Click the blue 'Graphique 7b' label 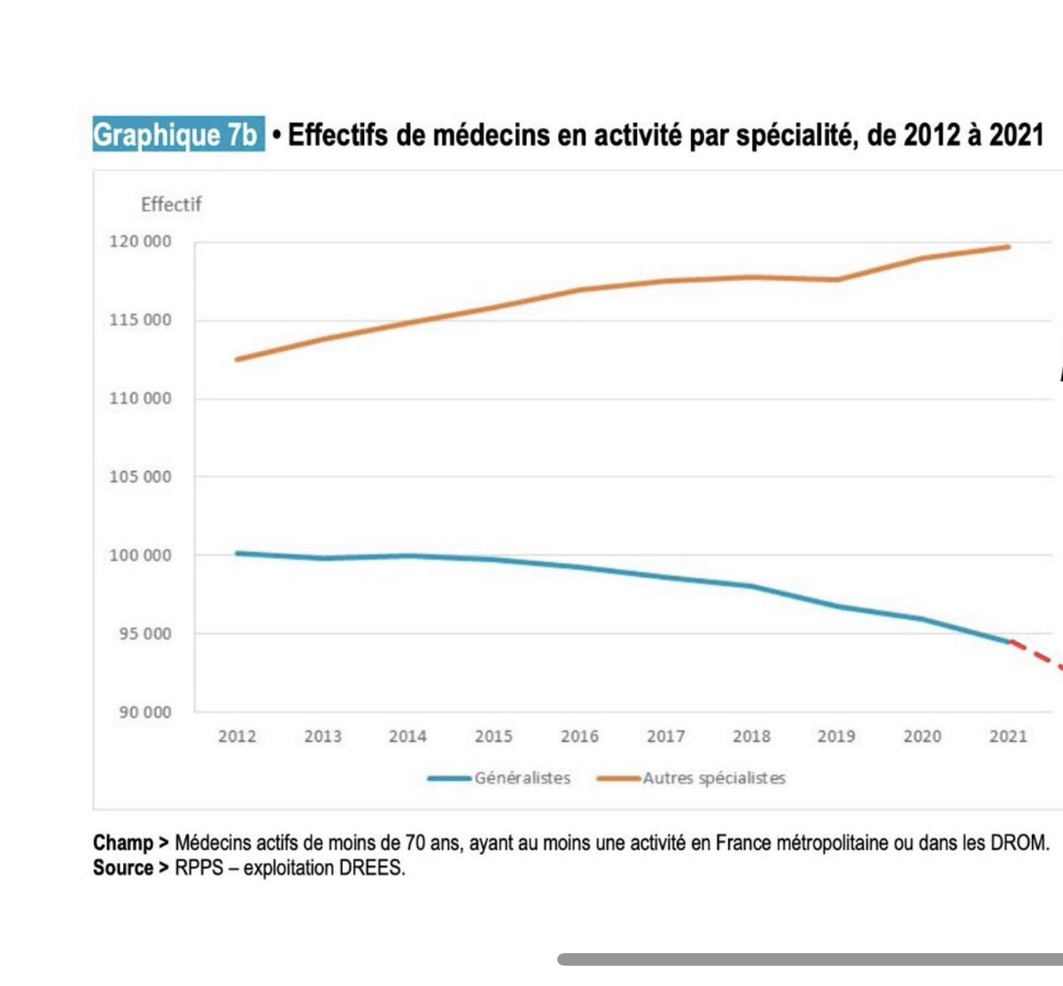point(177,135)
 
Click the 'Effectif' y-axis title point(171,205)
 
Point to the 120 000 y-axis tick point(140,242)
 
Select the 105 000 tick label point(140,477)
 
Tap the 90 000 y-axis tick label point(144,712)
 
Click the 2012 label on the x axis point(237,736)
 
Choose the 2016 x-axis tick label point(579,736)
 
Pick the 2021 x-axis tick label point(1008,736)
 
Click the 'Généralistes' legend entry point(522,779)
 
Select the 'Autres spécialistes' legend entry point(714,779)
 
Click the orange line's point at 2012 point(237,359)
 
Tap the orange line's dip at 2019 point(837,280)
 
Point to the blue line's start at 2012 point(237,553)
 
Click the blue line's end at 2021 point(1008,641)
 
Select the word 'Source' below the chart point(123,868)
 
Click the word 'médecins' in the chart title point(492,136)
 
